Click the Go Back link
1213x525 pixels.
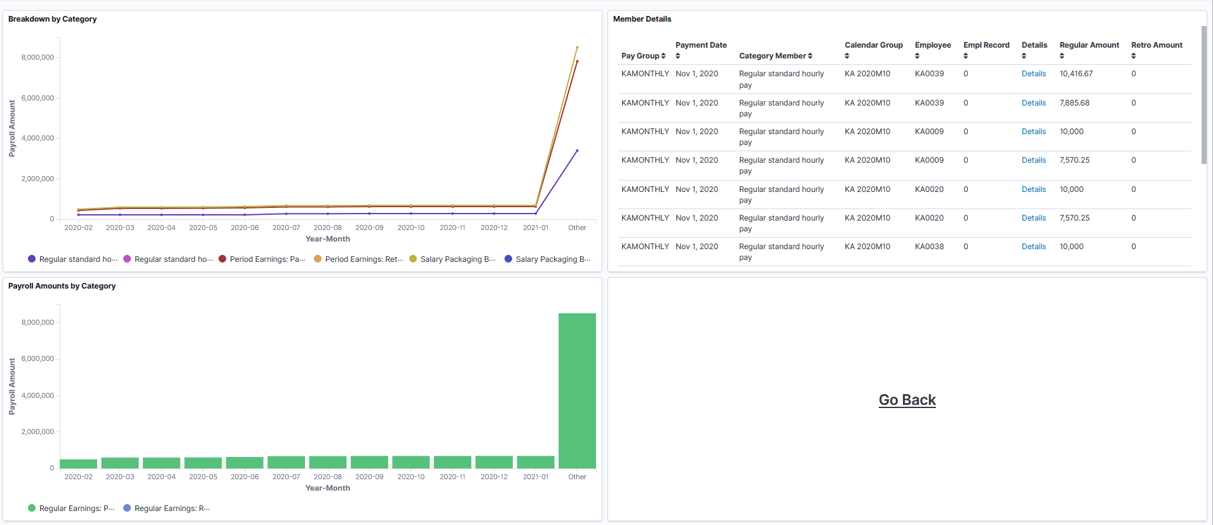pyautogui.click(x=907, y=400)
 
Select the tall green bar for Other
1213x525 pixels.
pyautogui.click(x=577, y=390)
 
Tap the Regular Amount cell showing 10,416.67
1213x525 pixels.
pyautogui.click(x=1076, y=74)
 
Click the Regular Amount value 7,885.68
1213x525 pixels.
pyautogui.click(x=1074, y=103)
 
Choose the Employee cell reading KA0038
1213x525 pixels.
pyautogui.click(x=929, y=247)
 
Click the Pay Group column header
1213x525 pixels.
pyautogui.click(x=643, y=56)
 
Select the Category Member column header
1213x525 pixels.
pyautogui.click(x=775, y=56)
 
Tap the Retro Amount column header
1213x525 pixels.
pyautogui.click(x=1156, y=46)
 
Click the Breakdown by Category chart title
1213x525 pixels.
pyautogui.click(x=53, y=19)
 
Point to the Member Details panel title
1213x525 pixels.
pyautogui.click(x=642, y=19)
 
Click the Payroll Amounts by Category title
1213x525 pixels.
pyautogui.click(x=62, y=286)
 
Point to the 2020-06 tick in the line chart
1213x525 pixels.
pyautogui.click(x=245, y=228)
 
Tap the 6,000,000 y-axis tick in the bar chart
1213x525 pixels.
pyautogui.click(x=37, y=359)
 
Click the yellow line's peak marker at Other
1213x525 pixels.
pyautogui.click(x=577, y=47)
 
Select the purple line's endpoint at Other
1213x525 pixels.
pyautogui.click(x=577, y=151)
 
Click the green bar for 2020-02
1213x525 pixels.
pyautogui.click(x=78, y=463)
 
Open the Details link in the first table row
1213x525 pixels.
pyautogui.click(x=1033, y=74)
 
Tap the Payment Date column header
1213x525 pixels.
pyautogui.click(x=701, y=46)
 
